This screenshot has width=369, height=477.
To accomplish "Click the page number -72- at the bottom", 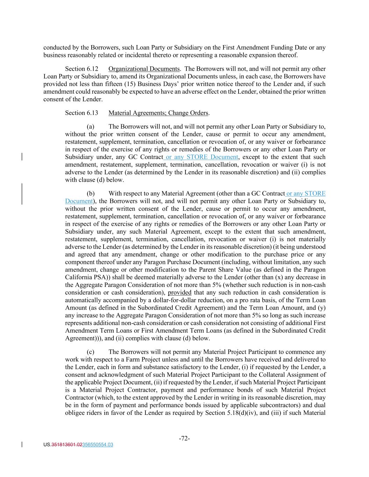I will (184, 439).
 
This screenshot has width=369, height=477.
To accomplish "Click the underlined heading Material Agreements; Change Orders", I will (158, 113).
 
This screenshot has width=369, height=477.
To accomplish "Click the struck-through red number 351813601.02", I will (67, 445).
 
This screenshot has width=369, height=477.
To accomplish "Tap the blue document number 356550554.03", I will (98, 445).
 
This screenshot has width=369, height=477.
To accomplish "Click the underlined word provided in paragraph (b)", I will (179, 292).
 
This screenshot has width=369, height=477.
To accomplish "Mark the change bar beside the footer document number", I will (22, 445).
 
